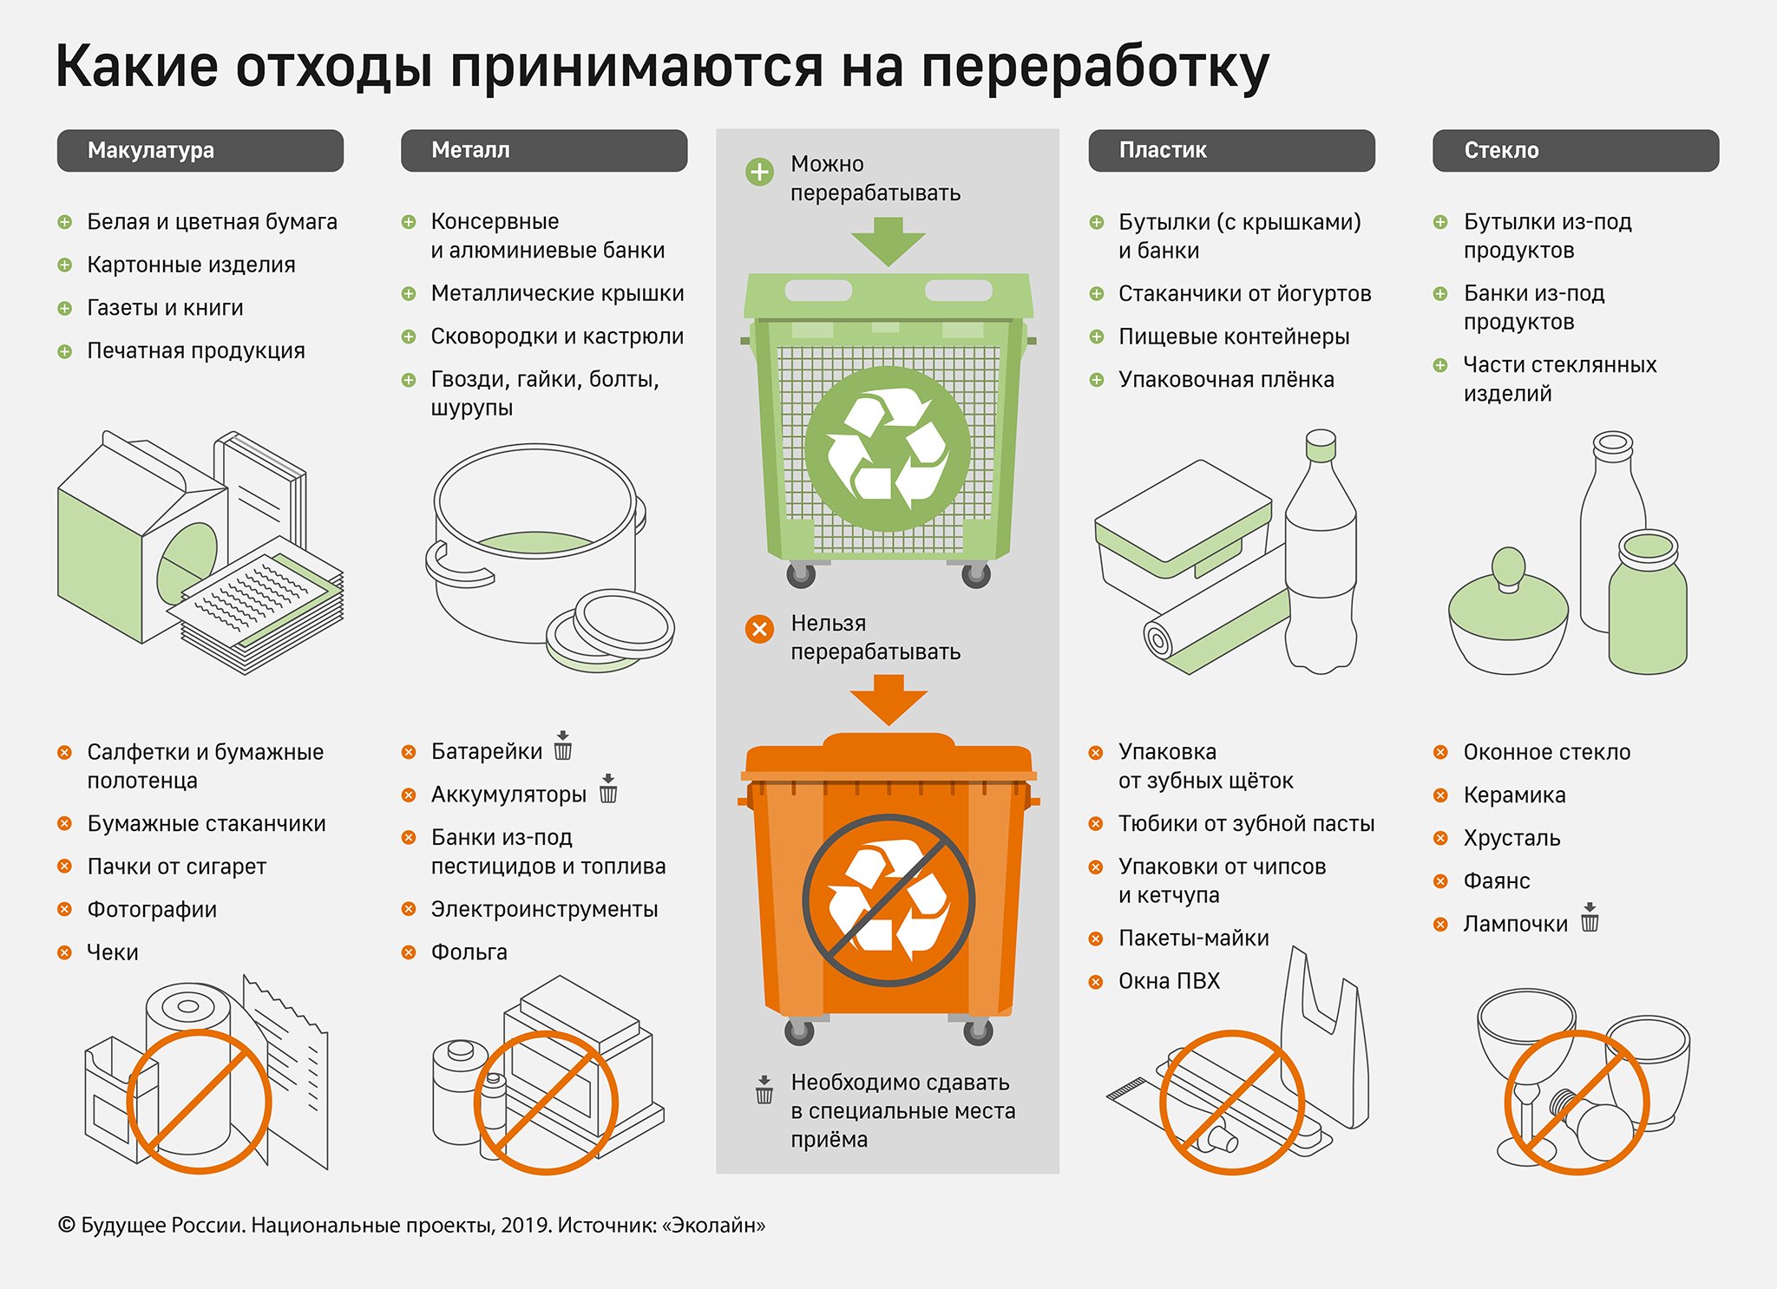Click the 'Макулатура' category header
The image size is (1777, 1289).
click(x=200, y=151)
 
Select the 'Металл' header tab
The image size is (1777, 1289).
click(x=543, y=151)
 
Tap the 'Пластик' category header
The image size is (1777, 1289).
click(x=1230, y=151)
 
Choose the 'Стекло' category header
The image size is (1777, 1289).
click(x=1575, y=151)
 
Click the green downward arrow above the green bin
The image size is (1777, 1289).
click(x=888, y=240)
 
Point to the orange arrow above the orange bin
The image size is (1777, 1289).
click(x=888, y=698)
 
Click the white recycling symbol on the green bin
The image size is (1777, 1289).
click(x=887, y=448)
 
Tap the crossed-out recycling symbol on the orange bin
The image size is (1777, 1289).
click(x=888, y=900)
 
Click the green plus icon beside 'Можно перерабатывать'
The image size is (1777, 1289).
click(x=759, y=172)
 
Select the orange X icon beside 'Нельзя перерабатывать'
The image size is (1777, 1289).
click(x=759, y=629)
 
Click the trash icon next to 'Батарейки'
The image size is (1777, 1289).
click(x=563, y=746)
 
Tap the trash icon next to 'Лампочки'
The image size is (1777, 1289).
click(x=1590, y=918)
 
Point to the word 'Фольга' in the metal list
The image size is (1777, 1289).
click(x=469, y=952)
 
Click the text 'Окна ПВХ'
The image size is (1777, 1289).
click(x=1169, y=981)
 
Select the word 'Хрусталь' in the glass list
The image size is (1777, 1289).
click(x=1511, y=838)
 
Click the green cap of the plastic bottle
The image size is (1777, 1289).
click(x=1321, y=446)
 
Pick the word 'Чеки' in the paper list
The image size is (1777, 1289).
click(x=113, y=952)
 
